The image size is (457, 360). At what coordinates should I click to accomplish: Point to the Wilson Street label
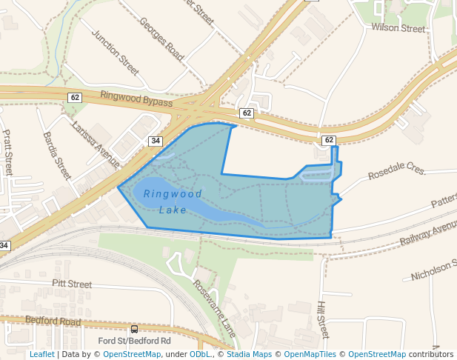click(398, 28)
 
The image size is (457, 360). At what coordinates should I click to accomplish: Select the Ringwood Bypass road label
click(136, 99)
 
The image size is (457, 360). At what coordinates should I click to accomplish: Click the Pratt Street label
click(8, 152)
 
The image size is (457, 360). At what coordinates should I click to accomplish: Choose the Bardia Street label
click(57, 156)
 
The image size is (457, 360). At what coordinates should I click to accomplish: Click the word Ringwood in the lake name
click(173, 193)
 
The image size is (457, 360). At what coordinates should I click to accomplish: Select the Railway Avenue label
click(428, 234)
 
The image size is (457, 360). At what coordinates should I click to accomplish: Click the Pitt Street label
click(72, 284)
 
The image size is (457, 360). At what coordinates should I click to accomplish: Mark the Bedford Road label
click(53, 321)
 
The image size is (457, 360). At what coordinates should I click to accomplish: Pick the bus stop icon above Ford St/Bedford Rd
click(134, 329)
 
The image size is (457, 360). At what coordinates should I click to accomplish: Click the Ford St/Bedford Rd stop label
click(135, 341)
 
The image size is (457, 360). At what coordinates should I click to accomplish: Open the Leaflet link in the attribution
click(41, 354)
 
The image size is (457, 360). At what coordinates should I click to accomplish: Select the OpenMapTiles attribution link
click(313, 354)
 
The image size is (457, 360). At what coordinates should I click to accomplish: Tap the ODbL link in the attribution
click(199, 354)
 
